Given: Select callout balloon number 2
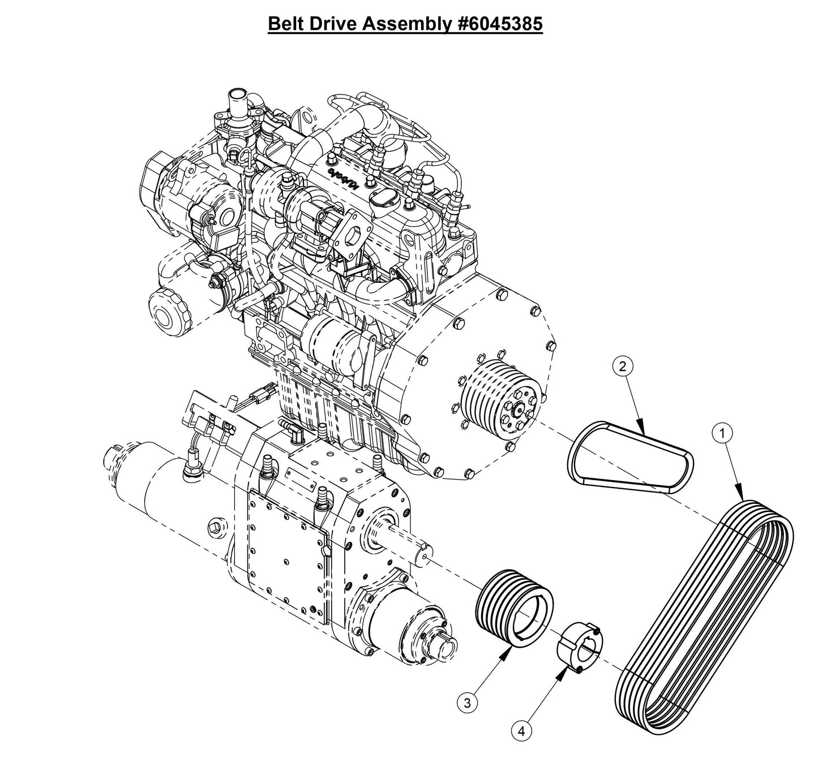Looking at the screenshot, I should [x=622, y=366].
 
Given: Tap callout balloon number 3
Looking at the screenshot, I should [x=467, y=703].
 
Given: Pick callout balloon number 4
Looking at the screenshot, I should [x=521, y=731].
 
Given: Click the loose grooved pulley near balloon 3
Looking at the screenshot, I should [x=512, y=609].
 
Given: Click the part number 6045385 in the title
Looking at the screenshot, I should [x=500, y=24].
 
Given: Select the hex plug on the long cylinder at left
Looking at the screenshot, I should [x=214, y=524].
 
